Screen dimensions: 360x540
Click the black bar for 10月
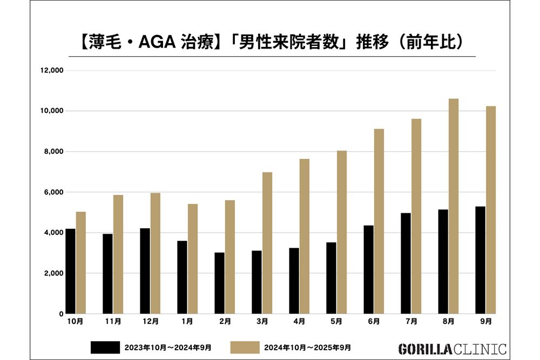(70, 271)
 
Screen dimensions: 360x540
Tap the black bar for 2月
(219, 283)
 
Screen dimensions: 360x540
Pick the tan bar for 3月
(267, 243)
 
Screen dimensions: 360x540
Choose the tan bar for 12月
(155, 253)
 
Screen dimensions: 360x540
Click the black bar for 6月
(368, 269)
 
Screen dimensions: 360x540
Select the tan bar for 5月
(342, 232)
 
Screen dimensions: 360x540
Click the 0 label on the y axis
(62, 314)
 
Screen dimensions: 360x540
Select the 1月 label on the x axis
(187, 322)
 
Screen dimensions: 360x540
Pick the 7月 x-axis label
(411, 322)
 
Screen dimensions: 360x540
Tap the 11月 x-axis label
(113, 322)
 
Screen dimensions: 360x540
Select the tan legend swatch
(245, 347)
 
